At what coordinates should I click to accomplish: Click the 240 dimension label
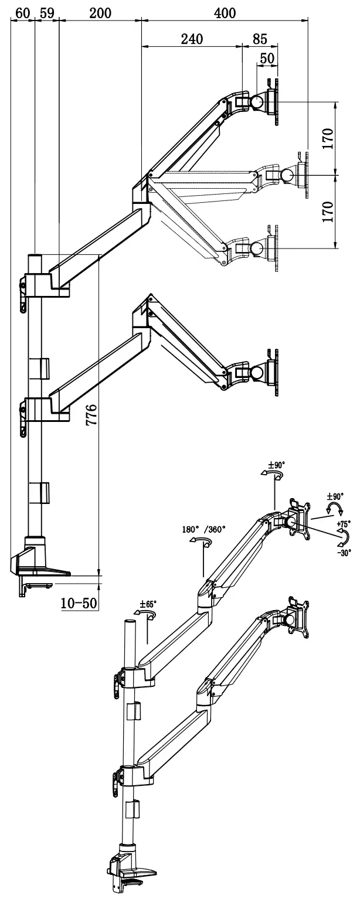(x=191, y=39)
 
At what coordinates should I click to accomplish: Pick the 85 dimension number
(x=260, y=39)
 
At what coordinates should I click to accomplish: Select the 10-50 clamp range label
(x=79, y=602)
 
